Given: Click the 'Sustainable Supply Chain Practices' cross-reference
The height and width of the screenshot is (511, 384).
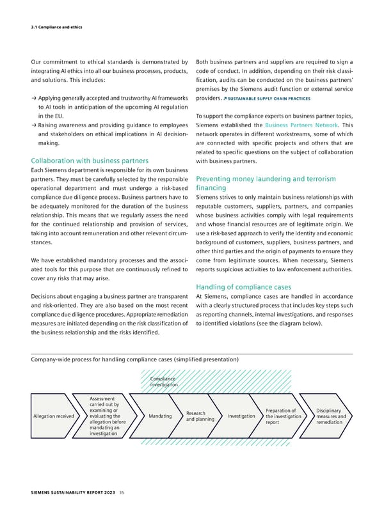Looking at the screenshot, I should tap(269, 99).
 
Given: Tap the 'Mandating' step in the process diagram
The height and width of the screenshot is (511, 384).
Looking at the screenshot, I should tap(159, 416).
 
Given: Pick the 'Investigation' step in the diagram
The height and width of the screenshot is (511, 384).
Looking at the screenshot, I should tap(241, 416).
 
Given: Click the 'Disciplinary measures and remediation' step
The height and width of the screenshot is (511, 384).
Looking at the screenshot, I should tap(331, 416).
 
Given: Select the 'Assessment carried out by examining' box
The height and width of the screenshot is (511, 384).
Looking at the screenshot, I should tap(105, 416).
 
